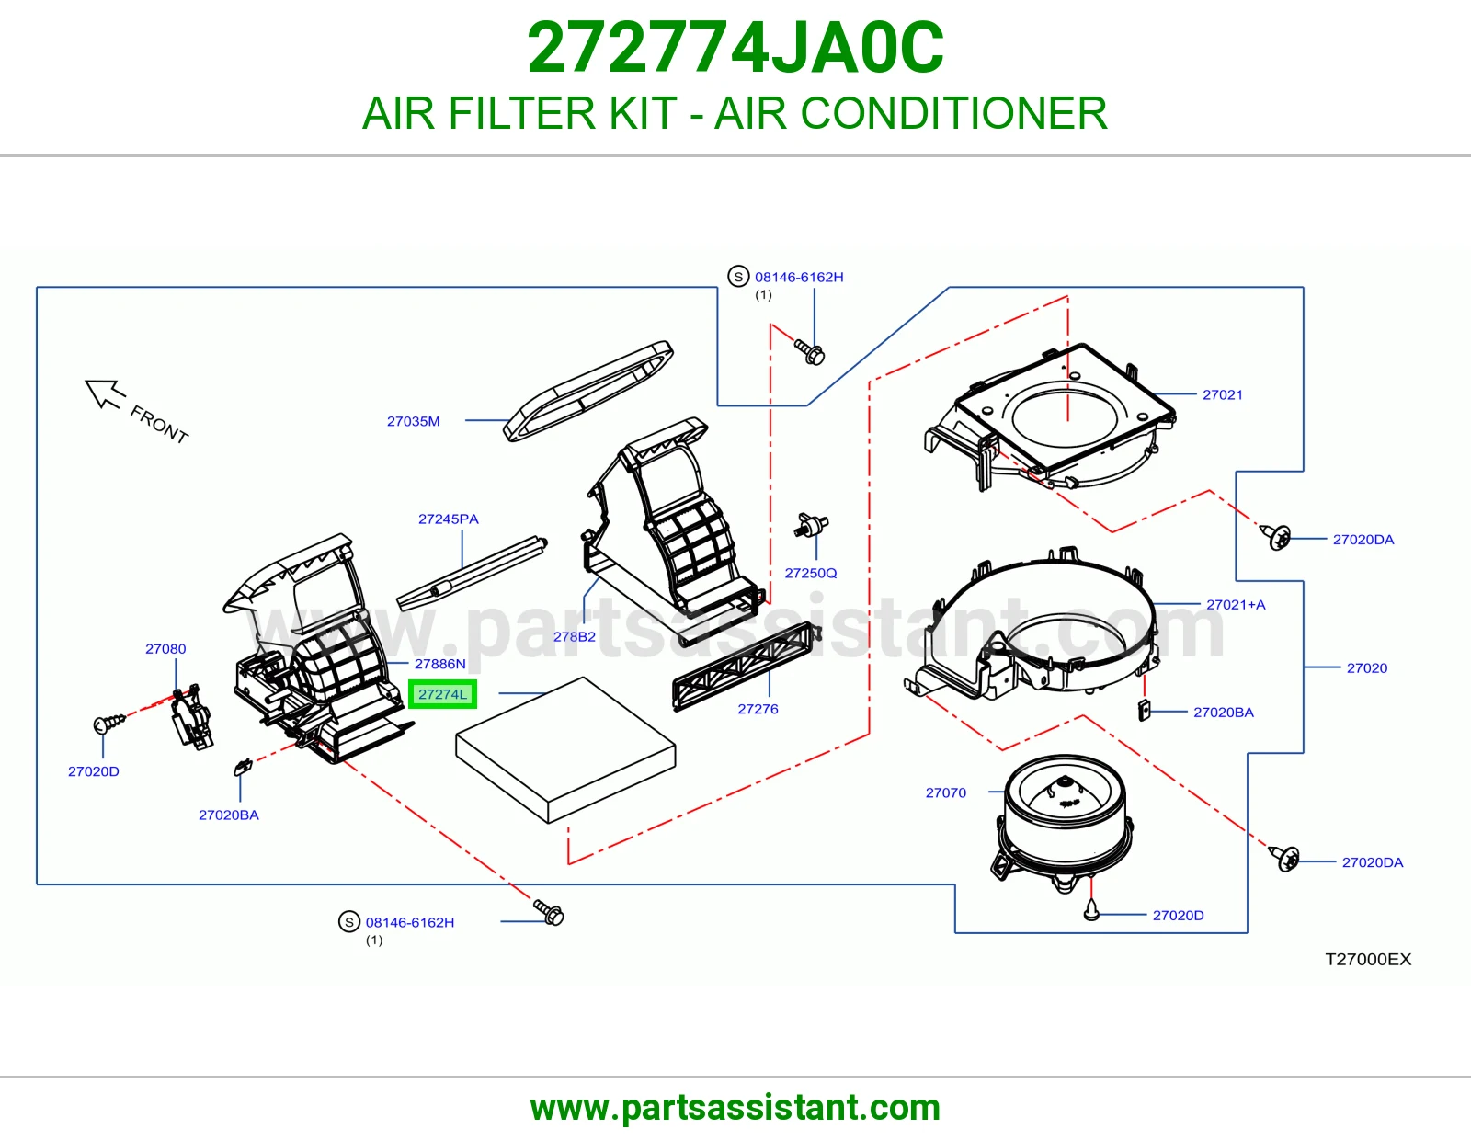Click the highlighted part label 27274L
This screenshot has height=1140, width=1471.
click(x=443, y=694)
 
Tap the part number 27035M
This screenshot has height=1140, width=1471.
click(x=413, y=421)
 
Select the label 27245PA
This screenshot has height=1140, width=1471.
click(x=448, y=519)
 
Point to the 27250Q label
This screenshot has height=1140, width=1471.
click(x=810, y=573)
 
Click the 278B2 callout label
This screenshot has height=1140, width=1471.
click(x=574, y=636)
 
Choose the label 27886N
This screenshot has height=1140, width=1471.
click(x=440, y=664)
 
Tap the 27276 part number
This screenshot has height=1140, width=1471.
click(x=758, y=709)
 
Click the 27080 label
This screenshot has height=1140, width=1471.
click(x=165, y=648)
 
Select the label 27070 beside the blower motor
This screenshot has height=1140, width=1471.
click(x=946, y=792)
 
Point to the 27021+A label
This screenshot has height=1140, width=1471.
click(x=1236, y=605)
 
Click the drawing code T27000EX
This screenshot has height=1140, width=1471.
click(x=1368, y=959)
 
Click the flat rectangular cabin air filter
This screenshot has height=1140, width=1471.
click(x=565, y=750)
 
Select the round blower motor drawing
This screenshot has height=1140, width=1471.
click(x=1064, y=823)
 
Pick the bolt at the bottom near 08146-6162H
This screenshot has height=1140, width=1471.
click(x=548, y=912)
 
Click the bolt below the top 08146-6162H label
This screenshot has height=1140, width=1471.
click(x=809, y=351)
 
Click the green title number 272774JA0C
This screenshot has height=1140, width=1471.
click(x=735, y=48)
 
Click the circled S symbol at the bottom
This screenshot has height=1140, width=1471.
click(x=349, y=921)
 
